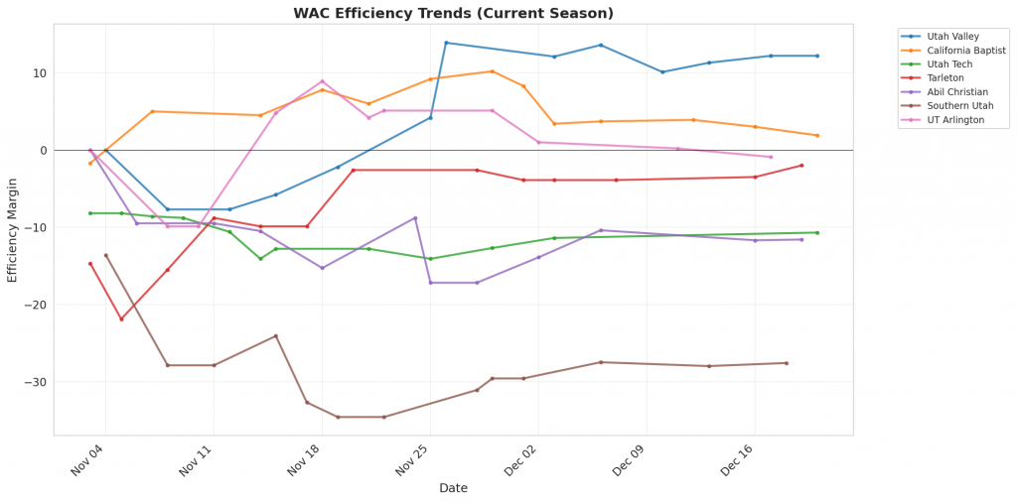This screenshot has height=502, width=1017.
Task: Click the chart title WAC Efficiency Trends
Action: [453, 13]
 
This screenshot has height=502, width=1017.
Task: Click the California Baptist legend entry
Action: [966, 50]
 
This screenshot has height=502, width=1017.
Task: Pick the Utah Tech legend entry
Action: [950, 63]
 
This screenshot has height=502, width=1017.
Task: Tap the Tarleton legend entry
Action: [945, 77]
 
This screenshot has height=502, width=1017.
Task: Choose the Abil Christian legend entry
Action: [957, 91]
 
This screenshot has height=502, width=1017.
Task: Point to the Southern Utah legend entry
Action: [960, 105]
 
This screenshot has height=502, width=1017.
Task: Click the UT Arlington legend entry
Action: [955, 119]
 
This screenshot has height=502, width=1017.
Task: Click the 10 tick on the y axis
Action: [40, 73]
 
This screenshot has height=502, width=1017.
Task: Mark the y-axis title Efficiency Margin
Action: [13, 230]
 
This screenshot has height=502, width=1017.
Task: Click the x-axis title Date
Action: [453, 488]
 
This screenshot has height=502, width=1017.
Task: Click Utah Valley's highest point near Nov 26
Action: [446, 43]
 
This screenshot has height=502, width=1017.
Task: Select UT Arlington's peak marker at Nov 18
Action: [322, 81]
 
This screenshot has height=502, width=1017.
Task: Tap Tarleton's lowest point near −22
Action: [121, 318]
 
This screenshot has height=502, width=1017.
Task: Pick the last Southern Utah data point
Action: [787, 363]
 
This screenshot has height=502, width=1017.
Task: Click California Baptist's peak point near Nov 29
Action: [493, 71]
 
